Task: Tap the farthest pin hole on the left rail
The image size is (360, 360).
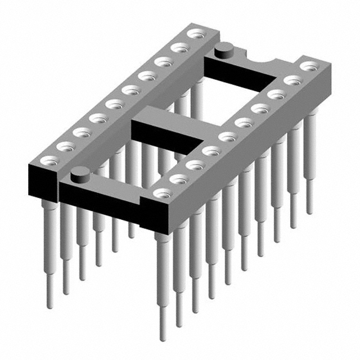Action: pyautogui.click(x=195, y=34)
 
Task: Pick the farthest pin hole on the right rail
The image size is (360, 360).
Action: pyautogui.click(x=307, y=66)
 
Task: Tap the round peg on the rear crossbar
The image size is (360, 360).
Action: pyautogui.click(x=225, y=48)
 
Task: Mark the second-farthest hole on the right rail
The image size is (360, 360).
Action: pyautogui.click(x=291, y=80)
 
